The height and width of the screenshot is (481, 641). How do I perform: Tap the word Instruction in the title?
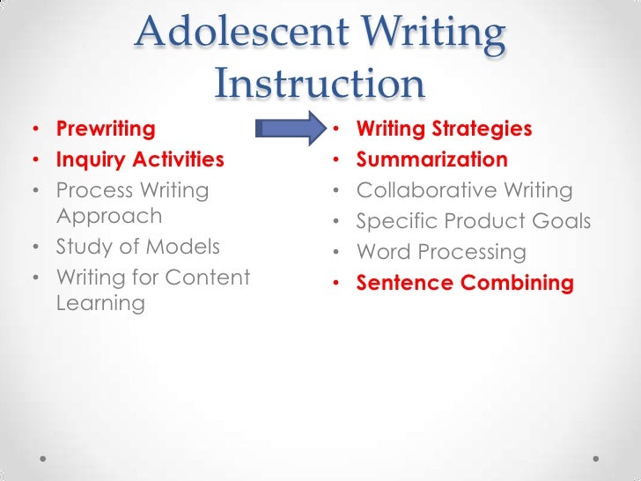pyautogui.click(x=320, y=84)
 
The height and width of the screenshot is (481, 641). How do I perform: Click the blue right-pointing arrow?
pyautogui.click(x=290, y=129)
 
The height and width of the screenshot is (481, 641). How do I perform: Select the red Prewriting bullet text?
pyautogui.click(x=106, y=129)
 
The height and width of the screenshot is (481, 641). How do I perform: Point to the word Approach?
pyautogui.click(x=109, y=217)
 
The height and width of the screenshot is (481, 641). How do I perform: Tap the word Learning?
pyautogui.click(x=100, y=304)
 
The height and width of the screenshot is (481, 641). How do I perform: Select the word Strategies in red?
pyautogui.click(x=483, y=129)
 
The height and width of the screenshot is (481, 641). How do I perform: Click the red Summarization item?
pyautogui.click(x=431, y=160)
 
